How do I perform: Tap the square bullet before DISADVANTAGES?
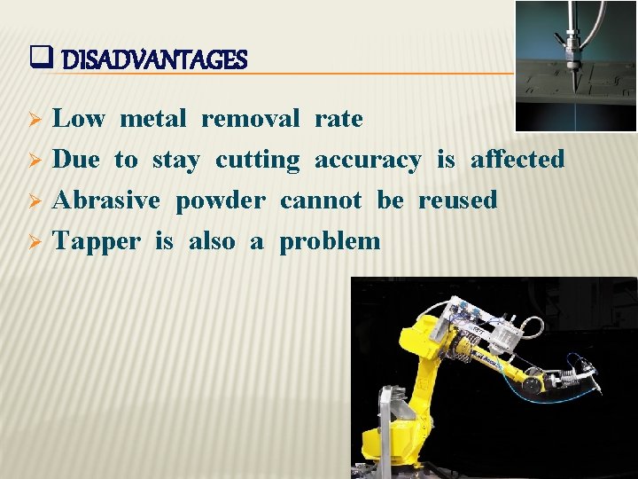38,59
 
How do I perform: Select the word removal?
250,119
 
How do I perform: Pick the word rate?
338,119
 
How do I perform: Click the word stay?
175,160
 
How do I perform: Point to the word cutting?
258,161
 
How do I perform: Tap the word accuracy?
368,160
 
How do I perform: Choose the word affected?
517,160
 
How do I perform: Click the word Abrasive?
106,200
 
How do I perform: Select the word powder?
220,201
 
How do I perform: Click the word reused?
457,200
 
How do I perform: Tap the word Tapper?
97,242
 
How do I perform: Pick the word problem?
330,242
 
